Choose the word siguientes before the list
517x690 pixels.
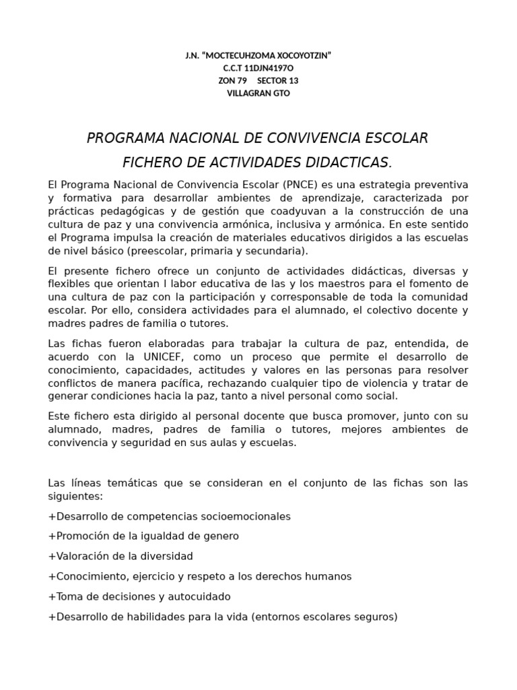click(x=75, y=496)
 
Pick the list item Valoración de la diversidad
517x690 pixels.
click(x=121, y=557)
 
